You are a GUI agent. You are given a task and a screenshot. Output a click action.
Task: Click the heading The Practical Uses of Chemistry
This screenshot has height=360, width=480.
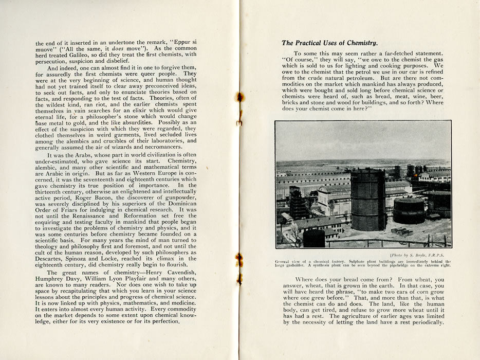click(x=329, y=43)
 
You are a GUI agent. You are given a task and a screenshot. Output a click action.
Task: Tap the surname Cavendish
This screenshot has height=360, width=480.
click(x=177, y=273)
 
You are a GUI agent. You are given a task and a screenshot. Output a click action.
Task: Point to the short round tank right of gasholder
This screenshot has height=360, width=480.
click(x=409, y=210)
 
